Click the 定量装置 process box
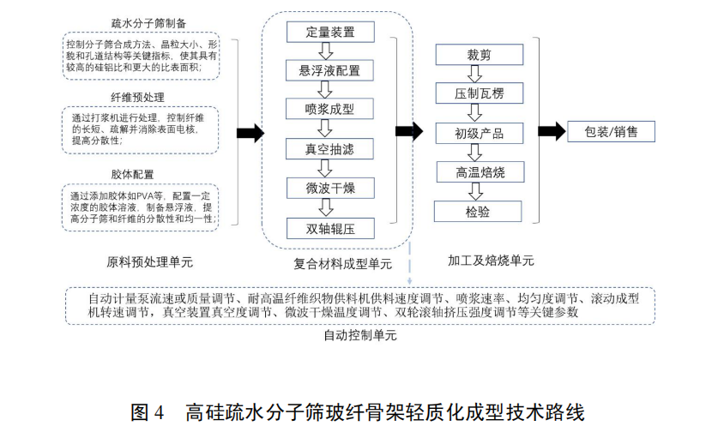(x=329, y=33)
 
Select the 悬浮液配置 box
(x=329, y=71)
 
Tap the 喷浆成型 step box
(x=329, y=110)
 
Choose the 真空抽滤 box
(x=329, y=149)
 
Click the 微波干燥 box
(x=329, y=189)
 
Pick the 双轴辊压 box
(x=329, y=227)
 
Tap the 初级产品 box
(x=479, y=134)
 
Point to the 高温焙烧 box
(x=479, y=173)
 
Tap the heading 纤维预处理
(x=138, y=97)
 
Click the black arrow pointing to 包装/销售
(x=552, y=131)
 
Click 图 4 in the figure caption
(x=147, y=412)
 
